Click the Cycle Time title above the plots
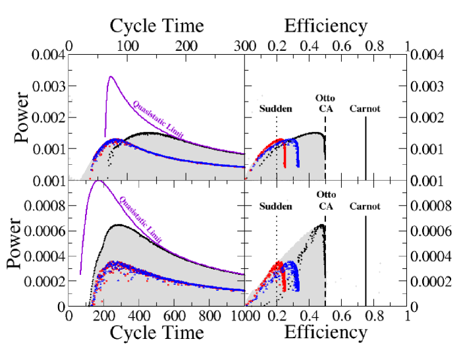[x=156, y=26]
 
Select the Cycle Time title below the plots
[x=156, y=333]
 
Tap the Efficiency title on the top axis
[x=325, y=26]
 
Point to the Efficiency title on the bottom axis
[x=325, y=333]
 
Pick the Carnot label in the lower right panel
[x=365, y=206]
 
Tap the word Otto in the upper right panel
[x=325, y=98]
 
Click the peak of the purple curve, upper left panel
[x=110, y=76]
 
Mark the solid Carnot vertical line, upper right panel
[x=366, y=145]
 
